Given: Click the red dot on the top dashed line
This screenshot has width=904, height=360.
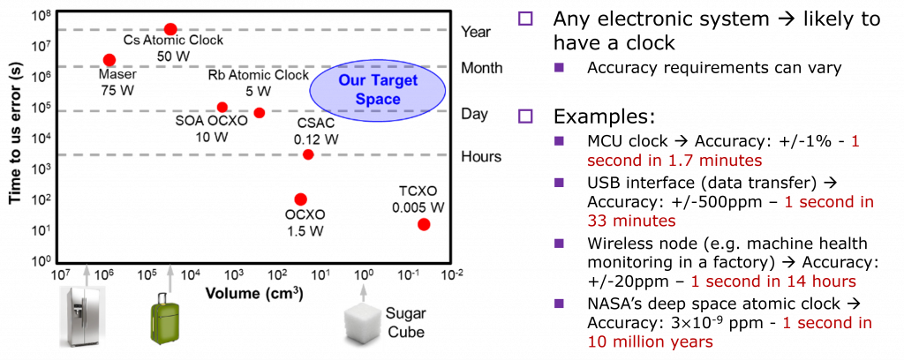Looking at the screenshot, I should point(170,29).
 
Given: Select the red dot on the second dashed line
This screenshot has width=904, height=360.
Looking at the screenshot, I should point(109,60).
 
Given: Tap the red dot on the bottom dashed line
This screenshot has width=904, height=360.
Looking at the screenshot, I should point(308,154).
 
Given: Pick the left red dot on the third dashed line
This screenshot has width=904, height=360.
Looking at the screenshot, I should point(222,108).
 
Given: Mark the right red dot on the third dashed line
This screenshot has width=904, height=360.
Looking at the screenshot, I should point(259,113).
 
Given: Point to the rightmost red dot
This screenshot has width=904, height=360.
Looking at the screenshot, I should point(424,224).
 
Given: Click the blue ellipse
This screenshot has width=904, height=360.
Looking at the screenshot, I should point(377,91).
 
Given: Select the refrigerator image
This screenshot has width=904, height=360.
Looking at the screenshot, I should point(82,317).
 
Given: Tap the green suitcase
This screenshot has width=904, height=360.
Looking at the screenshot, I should point(165,319).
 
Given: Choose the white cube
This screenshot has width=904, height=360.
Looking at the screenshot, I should point(359,326).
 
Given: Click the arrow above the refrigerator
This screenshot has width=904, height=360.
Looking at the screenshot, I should point(87,274).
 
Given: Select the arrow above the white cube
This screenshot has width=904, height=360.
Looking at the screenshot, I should point(363,291).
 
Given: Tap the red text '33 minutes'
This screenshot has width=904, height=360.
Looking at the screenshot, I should point(631,221).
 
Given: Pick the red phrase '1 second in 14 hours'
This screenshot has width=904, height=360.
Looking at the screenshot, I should point(772,281).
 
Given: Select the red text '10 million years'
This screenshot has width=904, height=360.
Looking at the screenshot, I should point(650,341).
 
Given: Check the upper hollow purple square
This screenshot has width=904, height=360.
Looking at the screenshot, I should point(525,18).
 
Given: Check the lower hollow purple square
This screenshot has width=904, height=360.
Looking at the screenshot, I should point(525,116).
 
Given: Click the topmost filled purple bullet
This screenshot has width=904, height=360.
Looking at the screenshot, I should point(559,67).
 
